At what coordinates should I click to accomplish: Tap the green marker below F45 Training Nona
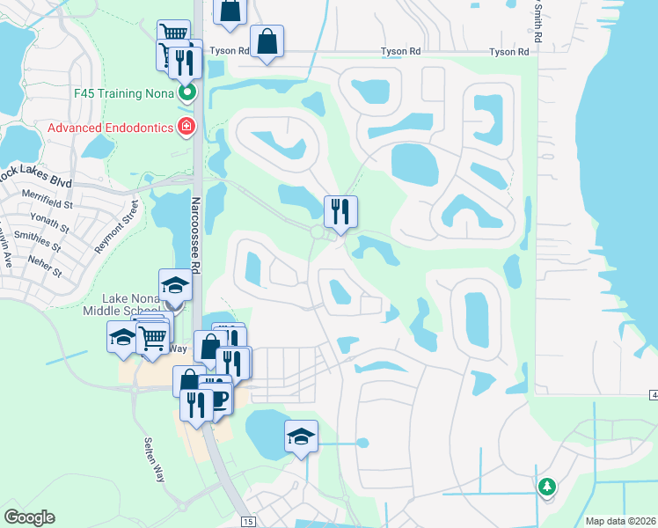pos(186,92)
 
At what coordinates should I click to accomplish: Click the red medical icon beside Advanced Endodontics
pos(186,128)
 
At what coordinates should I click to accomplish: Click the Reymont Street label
pos(118,224)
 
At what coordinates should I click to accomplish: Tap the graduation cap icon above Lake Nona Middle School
pos(175,285)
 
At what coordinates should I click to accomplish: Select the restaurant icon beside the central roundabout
pos(340,211)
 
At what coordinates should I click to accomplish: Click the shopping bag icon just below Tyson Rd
pos(266,41)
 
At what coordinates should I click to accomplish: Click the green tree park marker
pos(547,485)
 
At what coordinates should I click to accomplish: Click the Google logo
pos(29,517)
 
